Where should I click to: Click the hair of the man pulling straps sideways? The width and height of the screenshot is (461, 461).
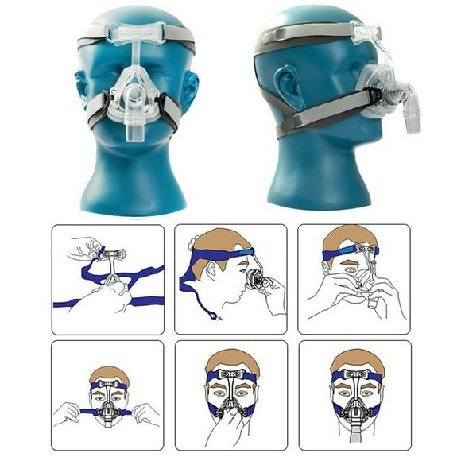(108, 372)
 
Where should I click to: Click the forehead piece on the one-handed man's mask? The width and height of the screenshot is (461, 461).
(231, 374)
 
